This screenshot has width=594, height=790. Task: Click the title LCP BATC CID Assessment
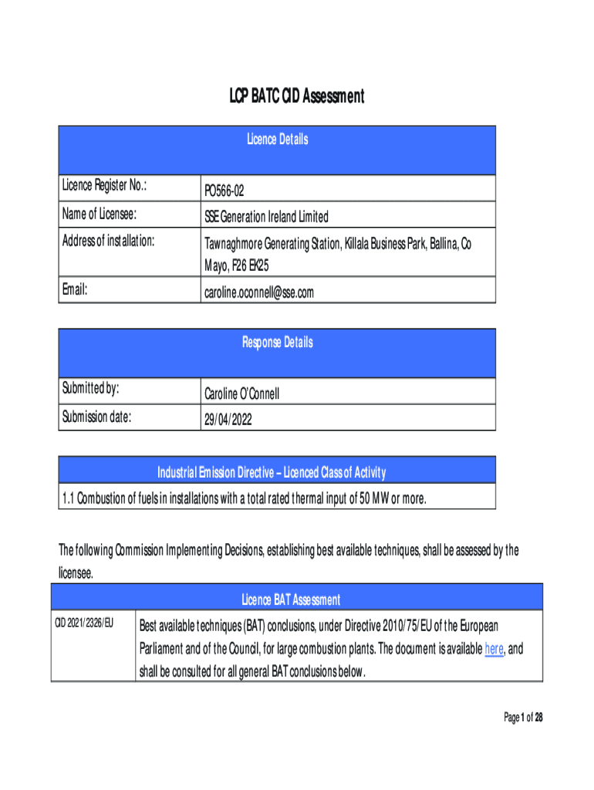[296, 96]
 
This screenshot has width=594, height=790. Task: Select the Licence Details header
[277, 140]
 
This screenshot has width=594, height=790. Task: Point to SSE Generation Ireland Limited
[266, 217]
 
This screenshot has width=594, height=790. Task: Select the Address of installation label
[108, 241]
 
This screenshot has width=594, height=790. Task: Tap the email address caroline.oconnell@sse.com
[259, 293]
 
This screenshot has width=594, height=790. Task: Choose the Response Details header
[277, 343]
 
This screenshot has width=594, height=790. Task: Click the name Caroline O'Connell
[241, 394]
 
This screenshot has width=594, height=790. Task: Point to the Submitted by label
[90, 390]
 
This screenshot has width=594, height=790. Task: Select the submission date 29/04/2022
[228, 421]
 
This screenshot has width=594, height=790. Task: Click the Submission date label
[96, 418]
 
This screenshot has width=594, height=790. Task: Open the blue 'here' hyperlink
[494, 649]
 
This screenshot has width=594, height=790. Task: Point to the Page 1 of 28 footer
[523, 718]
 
